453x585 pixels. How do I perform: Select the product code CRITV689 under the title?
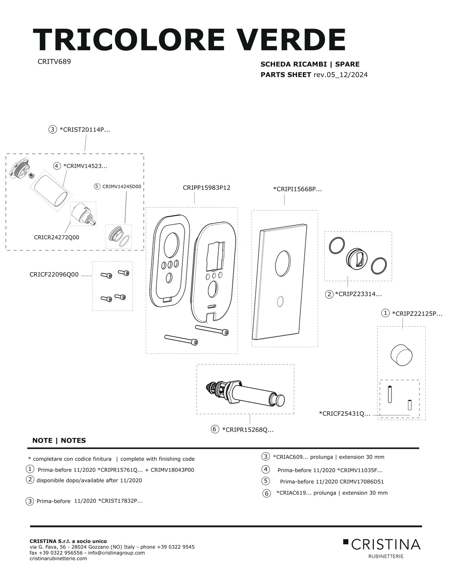click(54, 62)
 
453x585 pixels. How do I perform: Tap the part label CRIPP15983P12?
click(206, 188)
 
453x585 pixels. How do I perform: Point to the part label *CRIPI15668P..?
click(297, 189)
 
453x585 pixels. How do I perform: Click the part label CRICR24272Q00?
click(56, 237)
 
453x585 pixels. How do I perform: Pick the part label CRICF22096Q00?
click(54, 275)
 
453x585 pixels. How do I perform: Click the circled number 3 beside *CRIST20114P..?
click(52, 129)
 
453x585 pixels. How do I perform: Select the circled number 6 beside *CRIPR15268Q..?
click(215, 429)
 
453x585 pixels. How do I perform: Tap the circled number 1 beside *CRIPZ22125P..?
click(385, 313)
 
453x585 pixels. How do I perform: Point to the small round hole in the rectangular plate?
click(280, 302)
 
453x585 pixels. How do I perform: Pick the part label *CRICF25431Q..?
click(344, 413)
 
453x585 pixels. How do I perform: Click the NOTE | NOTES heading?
click(59, 441)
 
